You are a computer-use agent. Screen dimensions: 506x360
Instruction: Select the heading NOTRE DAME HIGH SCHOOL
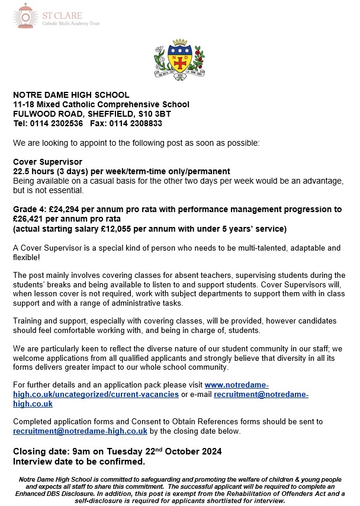[71, 95]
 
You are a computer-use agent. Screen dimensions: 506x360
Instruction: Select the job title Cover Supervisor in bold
[48, 162]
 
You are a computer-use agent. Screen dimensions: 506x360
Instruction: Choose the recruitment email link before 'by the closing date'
[81, 431]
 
